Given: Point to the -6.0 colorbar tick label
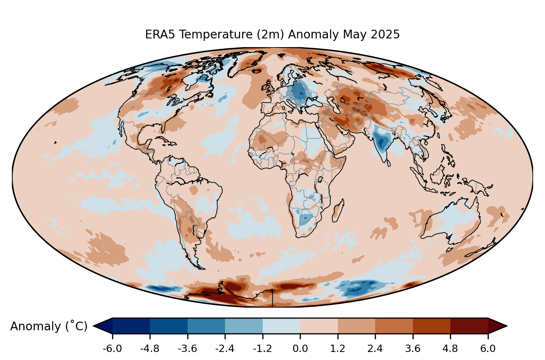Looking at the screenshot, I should click(x=112, y=348).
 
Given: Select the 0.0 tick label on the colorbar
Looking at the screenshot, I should click(x=300, y=348).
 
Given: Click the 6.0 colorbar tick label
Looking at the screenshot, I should click(x=488, y=348).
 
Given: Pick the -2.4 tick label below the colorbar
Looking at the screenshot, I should click(x=225, y=348).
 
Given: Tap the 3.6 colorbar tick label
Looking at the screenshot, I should click(x=413, y=348).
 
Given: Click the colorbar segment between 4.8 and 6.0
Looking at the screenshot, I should click(x=469, y=325).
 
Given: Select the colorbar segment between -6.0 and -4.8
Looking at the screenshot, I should click(x=131, y=325).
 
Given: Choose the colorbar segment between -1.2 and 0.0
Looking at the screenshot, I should click(x=281, y=325).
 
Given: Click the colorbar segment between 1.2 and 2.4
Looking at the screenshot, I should click(x=356, y=325).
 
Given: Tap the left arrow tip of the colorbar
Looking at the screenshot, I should click(x=95, y=326).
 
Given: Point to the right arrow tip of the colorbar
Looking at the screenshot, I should click(x=506, y=326).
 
